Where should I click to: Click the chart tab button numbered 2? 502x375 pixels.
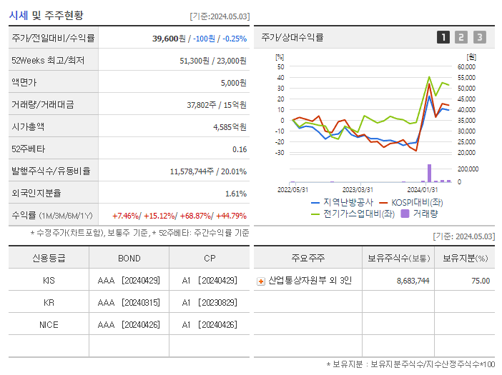461,37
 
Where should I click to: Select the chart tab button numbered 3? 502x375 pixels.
479,37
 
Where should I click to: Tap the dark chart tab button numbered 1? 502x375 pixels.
443,37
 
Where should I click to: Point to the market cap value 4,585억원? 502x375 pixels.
230,127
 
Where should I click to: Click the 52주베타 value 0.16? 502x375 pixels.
240,149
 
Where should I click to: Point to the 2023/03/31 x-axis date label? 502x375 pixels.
358,189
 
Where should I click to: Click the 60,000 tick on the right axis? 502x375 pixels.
466,67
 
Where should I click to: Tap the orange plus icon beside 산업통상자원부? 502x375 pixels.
261,281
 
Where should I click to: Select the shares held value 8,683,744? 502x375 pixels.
413,281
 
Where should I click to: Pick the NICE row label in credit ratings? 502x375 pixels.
49,324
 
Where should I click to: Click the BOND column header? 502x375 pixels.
129,259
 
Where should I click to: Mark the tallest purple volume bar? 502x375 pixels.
430,173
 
